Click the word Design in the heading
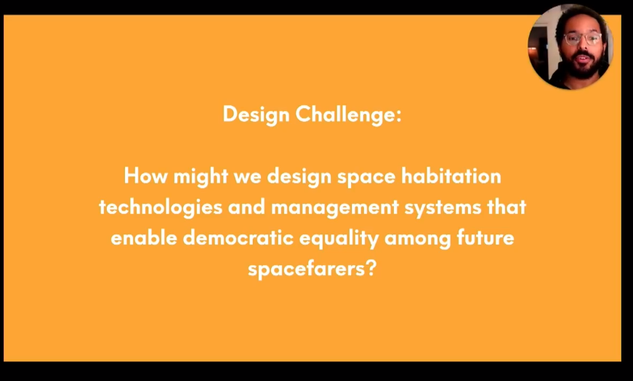click(256, 115)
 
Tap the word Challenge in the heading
click(345, 115)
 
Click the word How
click(145, 176)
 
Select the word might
click(201, 177)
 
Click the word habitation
click(451, 176)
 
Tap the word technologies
click(161, 208)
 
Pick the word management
click(334, 208)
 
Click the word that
click(507, 207)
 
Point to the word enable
click(144, 237)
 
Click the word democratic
click(238, 237)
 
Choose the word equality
click(339, 239)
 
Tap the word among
click(417, 239)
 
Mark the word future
click(485, 237)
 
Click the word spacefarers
click(306, 269)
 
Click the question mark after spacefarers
click(371, 268)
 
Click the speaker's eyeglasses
click(583, 38)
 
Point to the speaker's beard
click(583, 66)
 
